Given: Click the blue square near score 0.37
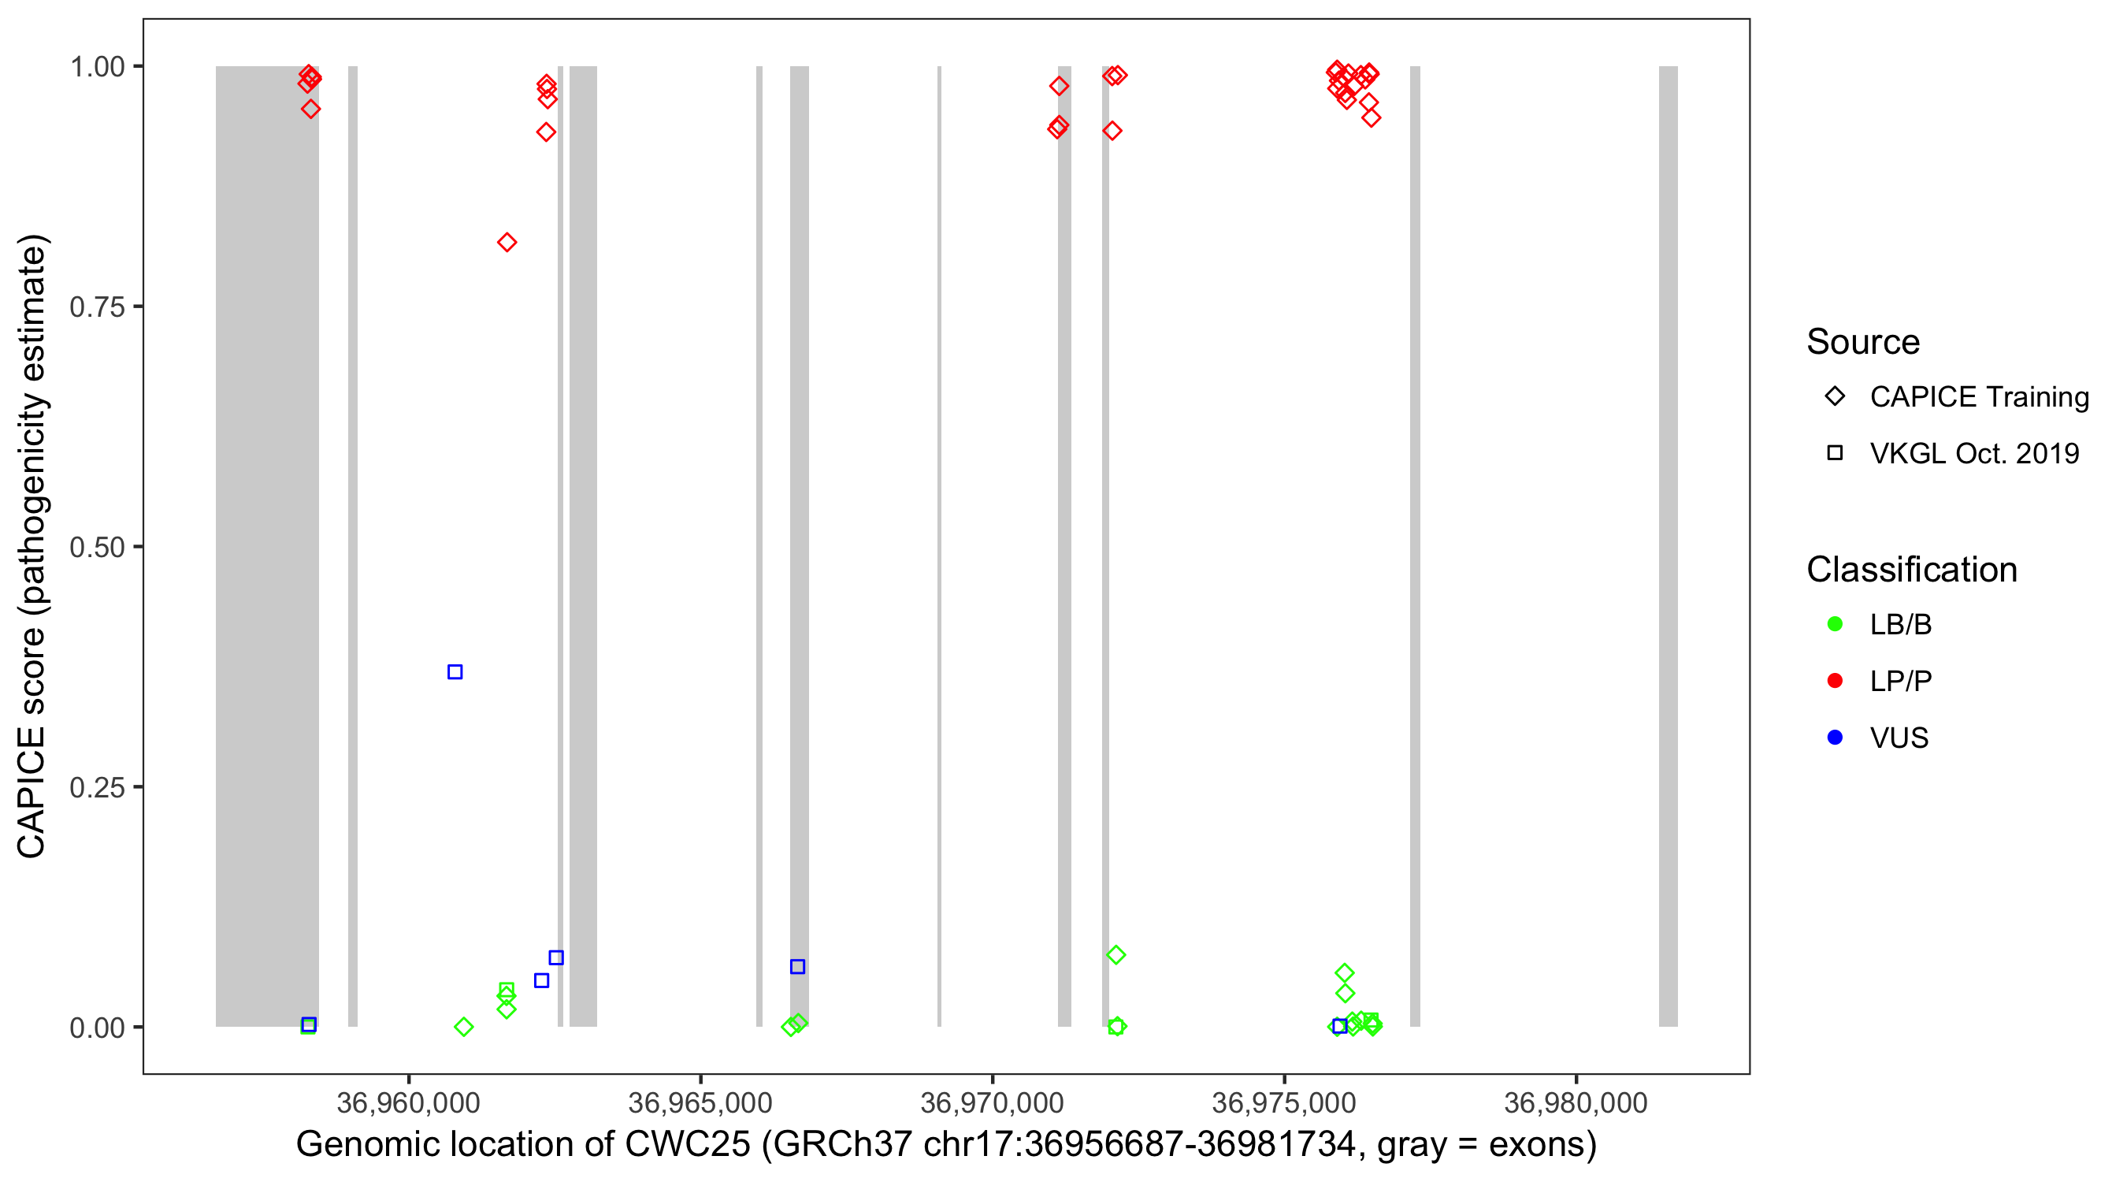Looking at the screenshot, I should point(455,671).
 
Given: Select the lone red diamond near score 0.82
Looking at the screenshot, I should point(507,242).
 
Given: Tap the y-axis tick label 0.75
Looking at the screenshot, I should point(97,307).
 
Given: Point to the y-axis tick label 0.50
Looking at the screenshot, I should point(97,547).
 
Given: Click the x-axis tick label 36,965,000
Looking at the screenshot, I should point(700,1102).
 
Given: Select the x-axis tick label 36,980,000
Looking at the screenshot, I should point(1576,1102).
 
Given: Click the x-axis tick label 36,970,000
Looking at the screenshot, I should point(992,1102).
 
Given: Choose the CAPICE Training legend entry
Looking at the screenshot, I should point(1978,397).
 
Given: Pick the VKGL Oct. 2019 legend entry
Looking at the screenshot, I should point(1973,453).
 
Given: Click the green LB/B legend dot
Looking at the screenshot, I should point(1835,624).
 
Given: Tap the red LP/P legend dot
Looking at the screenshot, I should point(1835,681).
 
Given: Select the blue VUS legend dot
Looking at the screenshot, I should point(1835,738).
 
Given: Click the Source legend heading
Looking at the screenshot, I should point(1863,342).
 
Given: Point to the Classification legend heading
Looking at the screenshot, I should point(1911,570).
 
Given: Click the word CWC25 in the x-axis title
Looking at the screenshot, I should point(687,1145).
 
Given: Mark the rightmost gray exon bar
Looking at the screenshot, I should point(1668,545).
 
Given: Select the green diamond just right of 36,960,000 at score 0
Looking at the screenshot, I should point(464,1027).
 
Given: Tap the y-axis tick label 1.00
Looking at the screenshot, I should point(97,67).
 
